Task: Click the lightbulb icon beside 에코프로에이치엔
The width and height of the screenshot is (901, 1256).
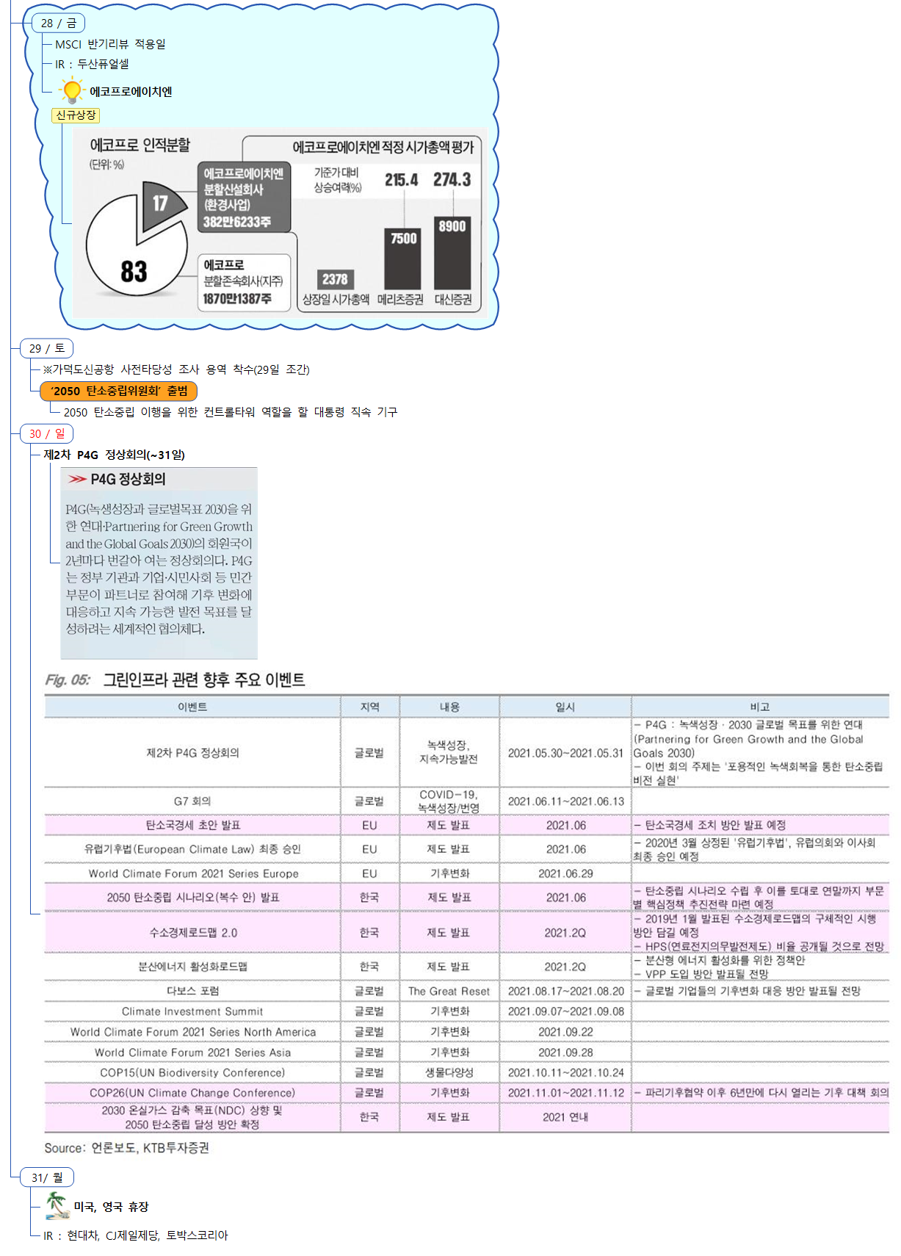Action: (71, 91)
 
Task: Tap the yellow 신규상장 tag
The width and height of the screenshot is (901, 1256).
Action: (76, 115)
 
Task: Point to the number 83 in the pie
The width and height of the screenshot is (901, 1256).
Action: (134, 271)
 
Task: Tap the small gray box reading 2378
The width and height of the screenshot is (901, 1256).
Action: (335, 279)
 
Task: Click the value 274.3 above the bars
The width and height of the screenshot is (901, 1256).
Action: (452, 180)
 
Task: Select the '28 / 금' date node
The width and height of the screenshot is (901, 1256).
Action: (59, 24)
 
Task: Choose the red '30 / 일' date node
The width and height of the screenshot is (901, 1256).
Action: (48, 433)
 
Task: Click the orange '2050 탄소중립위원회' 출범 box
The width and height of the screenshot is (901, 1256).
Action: (119, 391)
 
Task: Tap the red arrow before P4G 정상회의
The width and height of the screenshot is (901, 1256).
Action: (77, 479)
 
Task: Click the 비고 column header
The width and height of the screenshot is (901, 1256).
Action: (759, 707)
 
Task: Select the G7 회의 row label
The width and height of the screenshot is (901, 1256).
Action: (192, 801)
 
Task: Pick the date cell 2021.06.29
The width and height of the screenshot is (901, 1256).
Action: (565, 873)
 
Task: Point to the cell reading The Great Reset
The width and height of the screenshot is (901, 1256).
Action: (449, 991)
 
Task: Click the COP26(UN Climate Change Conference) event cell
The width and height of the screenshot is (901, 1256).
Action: (192, 1093)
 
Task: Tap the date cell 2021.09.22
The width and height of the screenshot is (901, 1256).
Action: (565, 1032)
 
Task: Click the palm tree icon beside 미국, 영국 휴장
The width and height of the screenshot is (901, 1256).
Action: (57, 1206)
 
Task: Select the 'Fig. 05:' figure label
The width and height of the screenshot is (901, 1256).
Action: (68, 680)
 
